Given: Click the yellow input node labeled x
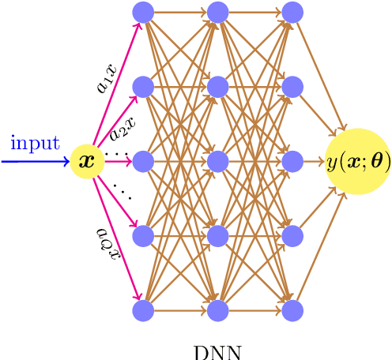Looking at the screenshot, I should pyautogui.click(x=87, y=161).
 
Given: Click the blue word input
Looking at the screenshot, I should pyautogui.click(x=35, y=143).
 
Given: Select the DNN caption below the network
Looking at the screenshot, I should pyautogui.click(x=217, y=351).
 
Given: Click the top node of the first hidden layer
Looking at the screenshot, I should pyautogui.click(x=143, y=12).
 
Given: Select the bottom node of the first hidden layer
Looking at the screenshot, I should pyautogui.click(x=143, y=310).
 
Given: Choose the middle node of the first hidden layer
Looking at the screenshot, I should pyautogui.click(x=143, y=161).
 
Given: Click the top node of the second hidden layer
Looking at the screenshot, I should pyautogui.click(x=217, y=12).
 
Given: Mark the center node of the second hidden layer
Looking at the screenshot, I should pyautogui.click(x=217, y=161).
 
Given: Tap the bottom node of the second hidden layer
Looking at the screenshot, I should pyautogui.click(x=217, y=310).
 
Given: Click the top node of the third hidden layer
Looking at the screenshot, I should pyautogui.click(x=292, y=12).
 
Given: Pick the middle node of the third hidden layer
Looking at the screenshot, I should pyautogui.click(x=292, y=161).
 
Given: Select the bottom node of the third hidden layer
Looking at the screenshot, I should pyautogui.click(x=292, y=310).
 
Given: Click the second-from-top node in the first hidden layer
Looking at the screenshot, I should pyautogui.click(x=143, y=86).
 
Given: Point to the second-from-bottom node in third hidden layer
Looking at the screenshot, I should pyautogui.click(x=292, y=235).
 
